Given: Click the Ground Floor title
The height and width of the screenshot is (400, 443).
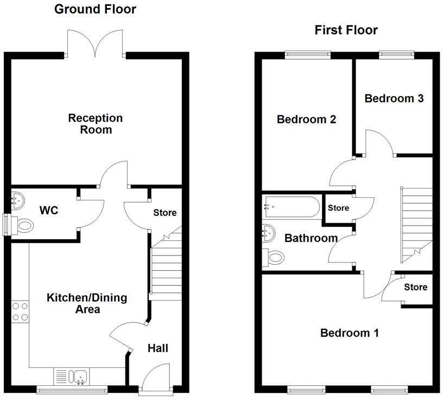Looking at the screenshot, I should (96, 9).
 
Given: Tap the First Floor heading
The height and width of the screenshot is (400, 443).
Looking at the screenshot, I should (346, 30).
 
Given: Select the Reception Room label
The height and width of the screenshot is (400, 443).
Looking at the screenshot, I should (95, 123).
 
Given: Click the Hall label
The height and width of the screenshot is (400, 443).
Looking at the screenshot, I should (157, 348).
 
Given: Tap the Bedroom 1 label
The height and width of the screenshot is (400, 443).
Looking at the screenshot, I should (349, 333).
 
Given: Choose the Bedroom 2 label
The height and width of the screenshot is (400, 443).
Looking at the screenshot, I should (306, 119).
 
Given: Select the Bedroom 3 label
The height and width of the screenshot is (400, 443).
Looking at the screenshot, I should (394, 98).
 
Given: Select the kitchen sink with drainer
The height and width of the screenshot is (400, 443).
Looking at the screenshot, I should (72, 376).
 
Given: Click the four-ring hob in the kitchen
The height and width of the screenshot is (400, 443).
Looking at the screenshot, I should (21, 311).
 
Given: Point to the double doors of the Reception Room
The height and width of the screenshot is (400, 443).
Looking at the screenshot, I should (96, 43).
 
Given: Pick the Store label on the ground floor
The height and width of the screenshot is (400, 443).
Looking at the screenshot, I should (164, 212).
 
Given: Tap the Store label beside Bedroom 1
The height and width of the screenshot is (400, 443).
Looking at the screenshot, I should (416, 287).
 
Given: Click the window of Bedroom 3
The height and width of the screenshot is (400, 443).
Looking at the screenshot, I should (396, 53).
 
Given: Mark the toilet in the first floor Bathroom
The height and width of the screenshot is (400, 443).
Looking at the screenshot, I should (274, 255).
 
